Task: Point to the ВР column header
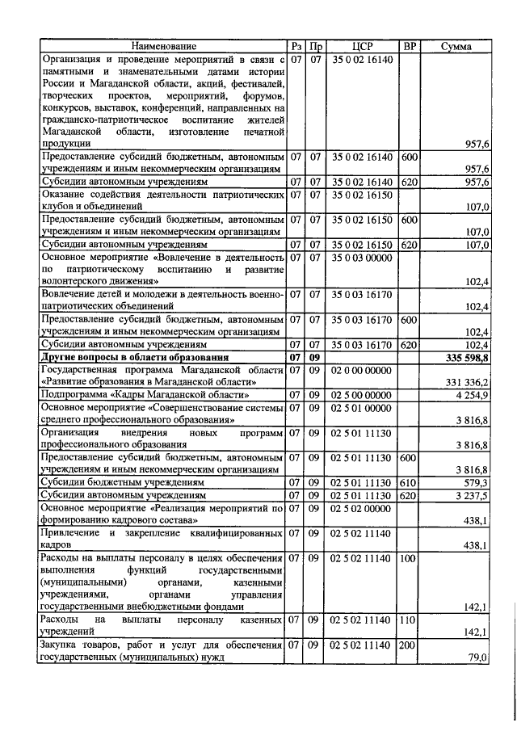coord(409,47)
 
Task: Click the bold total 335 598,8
coord(468,357)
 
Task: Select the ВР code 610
coord(409,482)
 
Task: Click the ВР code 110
coord(409,619)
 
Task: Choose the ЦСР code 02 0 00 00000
coord(363,369)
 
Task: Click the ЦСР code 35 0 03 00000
coord(363,257)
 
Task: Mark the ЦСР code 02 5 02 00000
coord(363,507)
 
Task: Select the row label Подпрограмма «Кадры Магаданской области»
coord(145,395)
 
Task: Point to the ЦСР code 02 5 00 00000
coord(363,395)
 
